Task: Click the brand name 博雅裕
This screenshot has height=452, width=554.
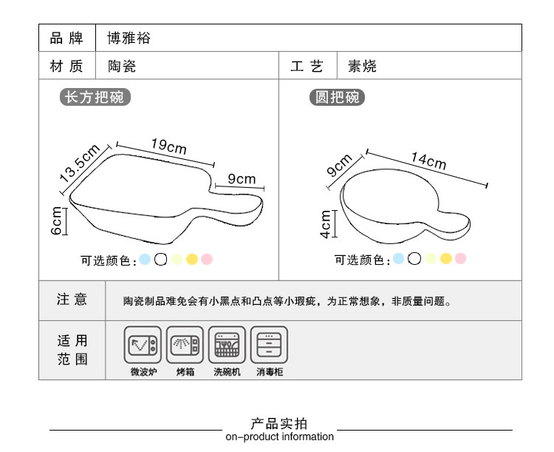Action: pos(129,38)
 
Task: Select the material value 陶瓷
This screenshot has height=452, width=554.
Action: pos(122,66)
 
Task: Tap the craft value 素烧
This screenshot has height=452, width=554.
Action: pos(362,66)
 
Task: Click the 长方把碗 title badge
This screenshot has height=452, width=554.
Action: pos(95,97)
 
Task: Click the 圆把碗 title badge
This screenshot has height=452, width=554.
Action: pos(337,98)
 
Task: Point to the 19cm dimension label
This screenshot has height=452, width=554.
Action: pos(169,146)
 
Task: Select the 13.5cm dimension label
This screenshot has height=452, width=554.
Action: pos(80,163)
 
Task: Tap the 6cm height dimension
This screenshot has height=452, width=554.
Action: pos(56,221)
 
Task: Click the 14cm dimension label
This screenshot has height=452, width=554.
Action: pos(428,161)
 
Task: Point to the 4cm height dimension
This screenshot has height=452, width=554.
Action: pos(326,224)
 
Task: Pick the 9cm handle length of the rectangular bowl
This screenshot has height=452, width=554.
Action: pos(242,179)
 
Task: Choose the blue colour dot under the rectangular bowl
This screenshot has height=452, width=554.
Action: pos(145,259)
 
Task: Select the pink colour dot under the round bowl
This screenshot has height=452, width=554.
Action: pos(460,258)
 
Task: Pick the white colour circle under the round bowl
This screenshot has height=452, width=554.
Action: pos(414,258)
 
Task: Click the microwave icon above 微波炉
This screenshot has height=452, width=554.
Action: pos(143,345)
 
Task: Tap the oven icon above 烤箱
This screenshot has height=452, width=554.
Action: pos(185,345)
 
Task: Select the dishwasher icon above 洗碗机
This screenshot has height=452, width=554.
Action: pos(227,345)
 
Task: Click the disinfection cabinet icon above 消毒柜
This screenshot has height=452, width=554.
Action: pos(269,345)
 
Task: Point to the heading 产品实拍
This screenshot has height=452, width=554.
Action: pos(279,423)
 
